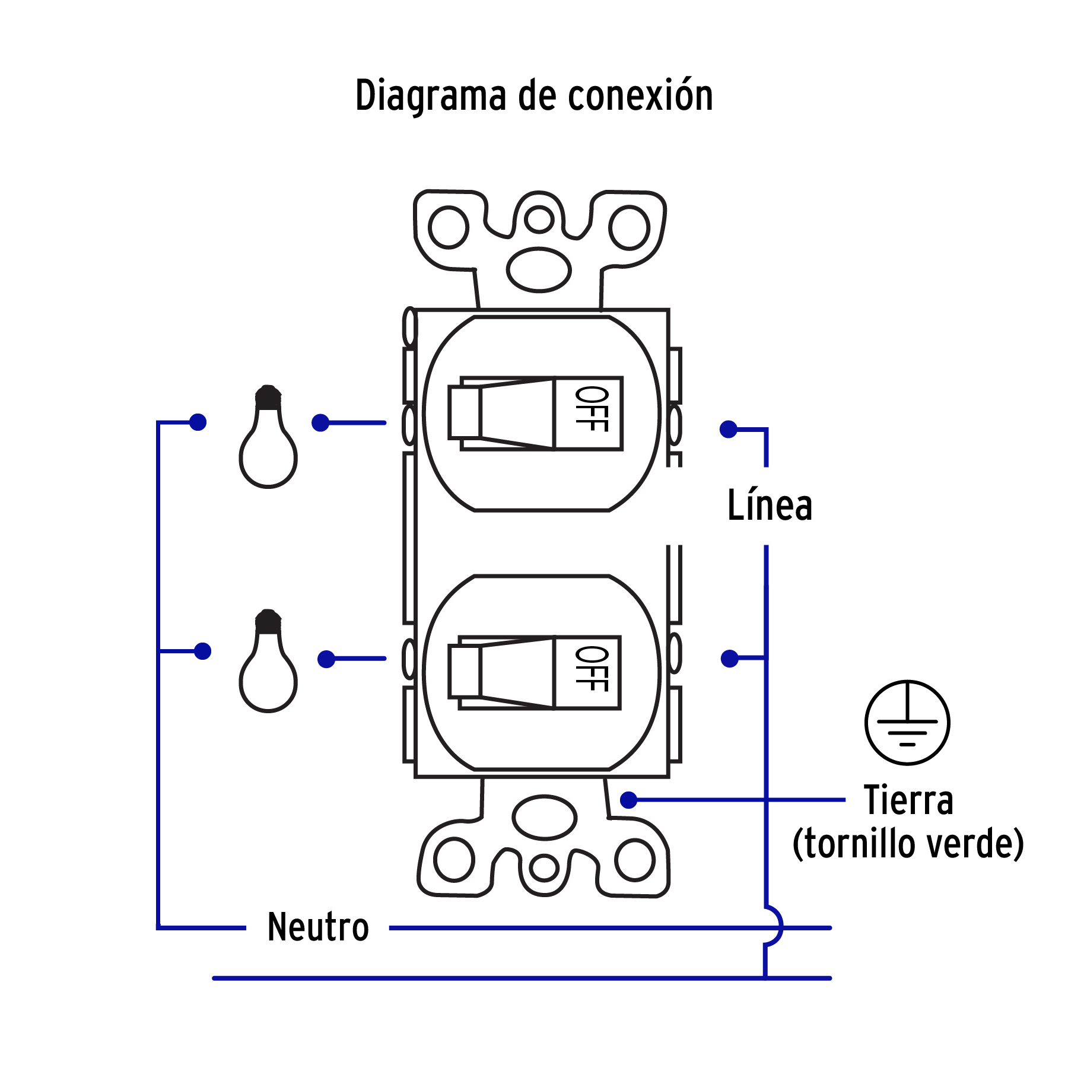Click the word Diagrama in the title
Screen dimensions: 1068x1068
tap(431, 97)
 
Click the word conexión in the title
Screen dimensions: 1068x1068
tap(640, 96)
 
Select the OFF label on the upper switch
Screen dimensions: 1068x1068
tap(591, 409)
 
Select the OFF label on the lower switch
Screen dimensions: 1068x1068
tap(591, 669)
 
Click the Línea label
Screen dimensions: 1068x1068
tap(770, 506)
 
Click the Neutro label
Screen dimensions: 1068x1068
tap(318, 927)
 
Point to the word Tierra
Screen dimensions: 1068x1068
tap(908, 800)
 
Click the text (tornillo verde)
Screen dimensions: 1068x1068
tap(908, 844)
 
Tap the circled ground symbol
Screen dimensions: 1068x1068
tap(907, 723)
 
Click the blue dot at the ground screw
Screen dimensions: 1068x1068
tap(628, 800)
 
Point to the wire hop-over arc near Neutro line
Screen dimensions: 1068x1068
tap(774, 926)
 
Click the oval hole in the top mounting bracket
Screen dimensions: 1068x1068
tap(539, 270)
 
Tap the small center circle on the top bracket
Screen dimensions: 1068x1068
tap(539, 218)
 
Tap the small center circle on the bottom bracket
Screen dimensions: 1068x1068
tap(544, 868)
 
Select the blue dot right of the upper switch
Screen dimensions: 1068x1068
tap(728, 429)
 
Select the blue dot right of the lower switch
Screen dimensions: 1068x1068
tap(729, 659)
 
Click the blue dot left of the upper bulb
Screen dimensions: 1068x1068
tap(198, 422)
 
